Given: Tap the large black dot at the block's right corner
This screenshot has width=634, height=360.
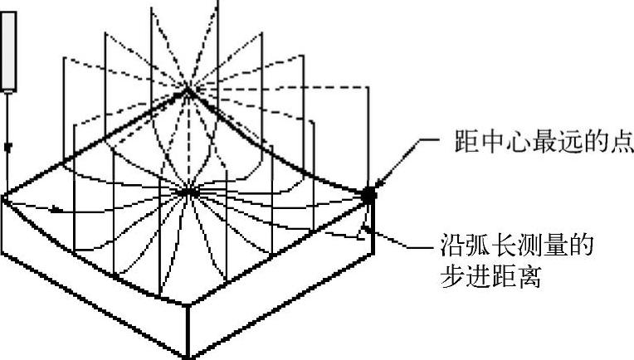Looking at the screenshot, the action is [368, 193].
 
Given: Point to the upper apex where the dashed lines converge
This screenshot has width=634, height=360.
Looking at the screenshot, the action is [188, 90].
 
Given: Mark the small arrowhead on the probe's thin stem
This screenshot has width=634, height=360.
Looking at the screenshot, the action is [9, 147].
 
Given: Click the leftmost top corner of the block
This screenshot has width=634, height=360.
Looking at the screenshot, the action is [3, 197].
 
